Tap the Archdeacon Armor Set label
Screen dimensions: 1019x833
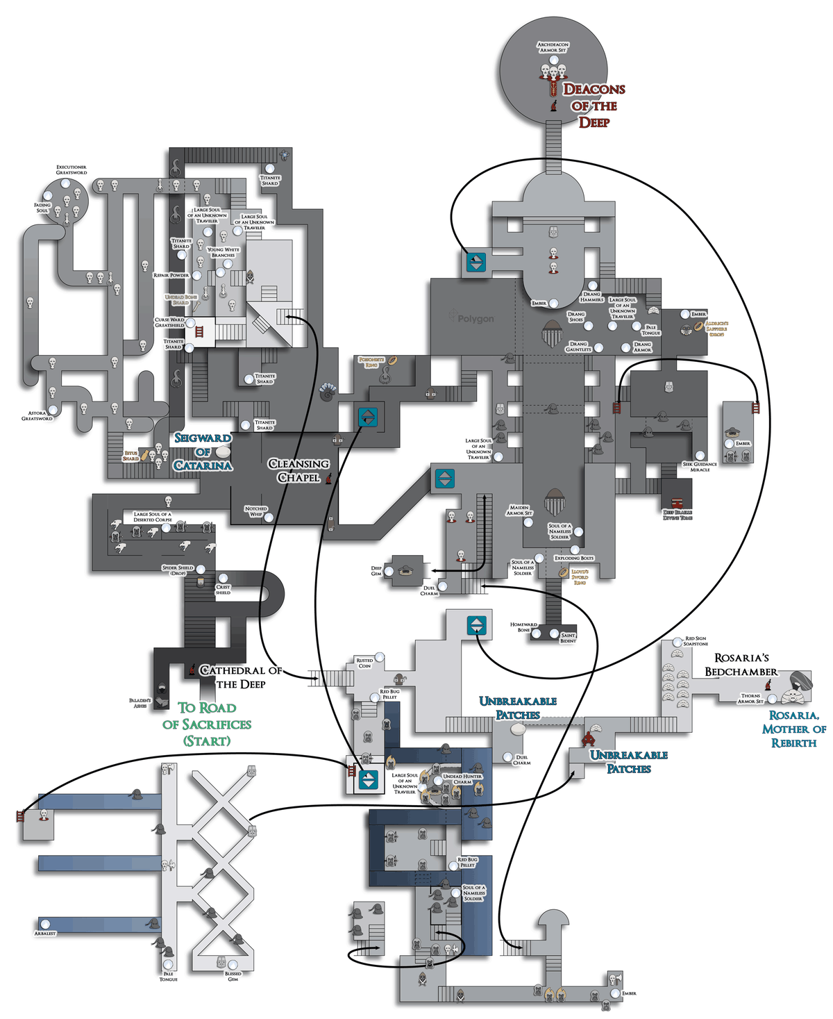(x=553, y=47)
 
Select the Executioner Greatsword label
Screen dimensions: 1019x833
(x=71, y=169)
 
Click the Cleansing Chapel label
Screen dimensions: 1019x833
(x=298, y=470)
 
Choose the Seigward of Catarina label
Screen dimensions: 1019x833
(x=203, y=451)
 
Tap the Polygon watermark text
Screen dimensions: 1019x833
(x=476, y=319)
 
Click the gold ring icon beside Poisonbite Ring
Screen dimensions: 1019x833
(x=392, y=360)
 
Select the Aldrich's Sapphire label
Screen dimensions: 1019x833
(x=716, y=329)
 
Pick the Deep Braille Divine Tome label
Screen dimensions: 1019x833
(x=678, y=515)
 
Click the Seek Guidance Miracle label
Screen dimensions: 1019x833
(x=700, y=467)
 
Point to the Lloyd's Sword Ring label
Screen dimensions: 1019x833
(x=580, y=577)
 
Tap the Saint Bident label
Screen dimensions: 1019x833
(x=568, y=638)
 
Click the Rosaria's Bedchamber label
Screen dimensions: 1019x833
(x=741, y=665)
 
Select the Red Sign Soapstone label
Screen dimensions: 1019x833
(x=696, y=641)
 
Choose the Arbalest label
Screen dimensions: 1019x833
(x=45, y=934)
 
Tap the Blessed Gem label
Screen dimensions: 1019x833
(x=233, y=976)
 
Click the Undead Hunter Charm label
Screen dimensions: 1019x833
(x=462, y=779)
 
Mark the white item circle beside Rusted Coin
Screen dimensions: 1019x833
(x=379, y=657)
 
